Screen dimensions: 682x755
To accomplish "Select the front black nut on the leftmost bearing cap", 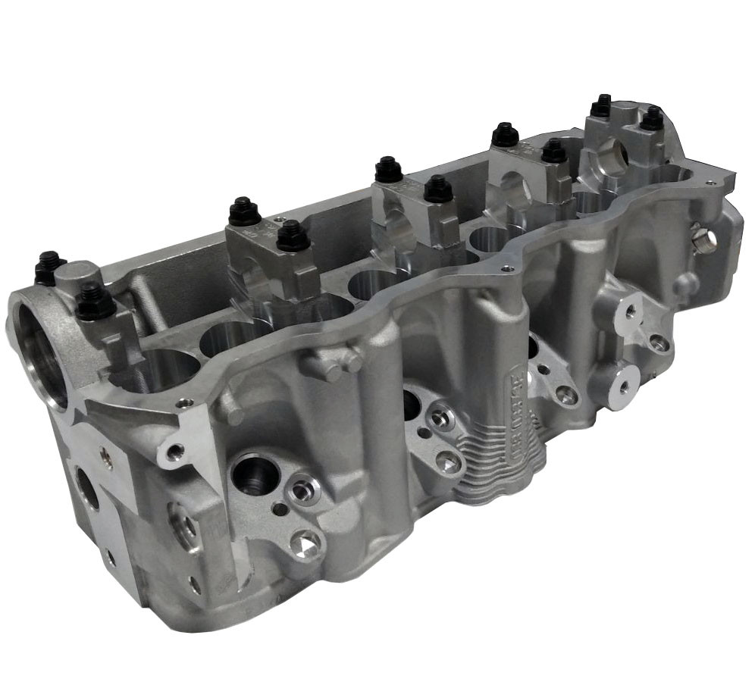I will point(95,302).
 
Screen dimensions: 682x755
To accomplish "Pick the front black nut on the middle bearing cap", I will point(438,189).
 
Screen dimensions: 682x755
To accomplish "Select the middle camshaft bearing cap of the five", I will point(413,205).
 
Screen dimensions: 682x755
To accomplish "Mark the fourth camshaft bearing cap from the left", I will point(531,170).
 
